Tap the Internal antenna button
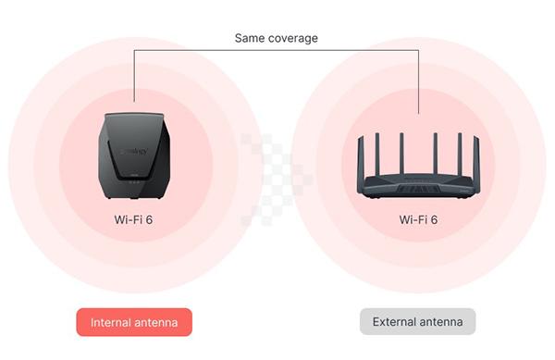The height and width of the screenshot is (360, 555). [x=134, y=322]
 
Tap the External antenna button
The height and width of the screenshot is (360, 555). [x=417, y=322]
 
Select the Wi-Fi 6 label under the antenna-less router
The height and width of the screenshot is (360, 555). [x=133, y=220]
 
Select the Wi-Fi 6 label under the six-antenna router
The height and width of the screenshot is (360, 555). [x=419, y=220]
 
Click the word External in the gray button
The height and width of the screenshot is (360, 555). [x=394, y=322]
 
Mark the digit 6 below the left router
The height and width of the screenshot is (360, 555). [x=152, y=220]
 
